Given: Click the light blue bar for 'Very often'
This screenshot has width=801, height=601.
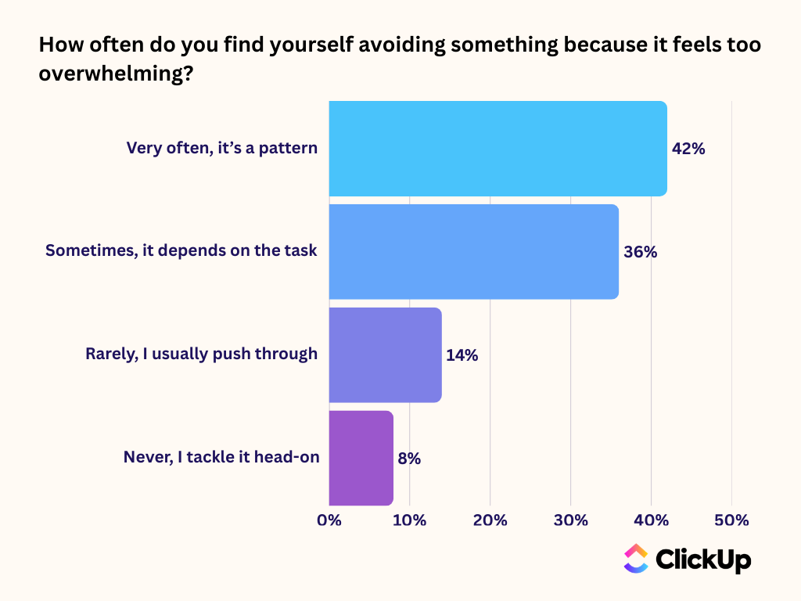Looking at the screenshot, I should coord(497,149).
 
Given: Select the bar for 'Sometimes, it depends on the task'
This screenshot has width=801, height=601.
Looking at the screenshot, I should coord(473,252).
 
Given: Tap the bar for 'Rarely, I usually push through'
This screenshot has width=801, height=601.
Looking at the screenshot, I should coord(385,355).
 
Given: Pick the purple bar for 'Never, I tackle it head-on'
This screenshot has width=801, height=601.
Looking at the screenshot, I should coord(361,458).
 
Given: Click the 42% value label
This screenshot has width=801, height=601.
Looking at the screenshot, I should coord(688,149).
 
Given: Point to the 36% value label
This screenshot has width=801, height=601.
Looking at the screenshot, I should coord(640,252).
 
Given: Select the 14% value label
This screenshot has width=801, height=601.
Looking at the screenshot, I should coord(462,355).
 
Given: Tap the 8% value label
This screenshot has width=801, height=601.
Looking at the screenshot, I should coord(409,459).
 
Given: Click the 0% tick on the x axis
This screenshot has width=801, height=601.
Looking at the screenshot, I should coord(329,520).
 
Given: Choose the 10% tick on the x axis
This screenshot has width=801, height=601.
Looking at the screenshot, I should coord(409,520).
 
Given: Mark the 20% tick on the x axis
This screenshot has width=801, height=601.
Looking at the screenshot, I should coord(490,520).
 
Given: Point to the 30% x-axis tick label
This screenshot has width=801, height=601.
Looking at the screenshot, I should coord(570,520).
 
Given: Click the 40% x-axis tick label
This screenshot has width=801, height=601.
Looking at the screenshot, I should coord(651,520).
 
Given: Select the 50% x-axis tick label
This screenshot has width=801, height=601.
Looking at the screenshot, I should coord(731,520).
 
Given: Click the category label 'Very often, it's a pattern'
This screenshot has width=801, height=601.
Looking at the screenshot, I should coord(222,148).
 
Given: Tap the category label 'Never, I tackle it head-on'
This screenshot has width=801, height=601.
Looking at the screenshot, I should coord(221,458).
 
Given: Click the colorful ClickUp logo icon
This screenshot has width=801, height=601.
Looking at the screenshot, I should coord(635,559).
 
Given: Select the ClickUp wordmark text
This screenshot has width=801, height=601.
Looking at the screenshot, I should coord(702,560).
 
